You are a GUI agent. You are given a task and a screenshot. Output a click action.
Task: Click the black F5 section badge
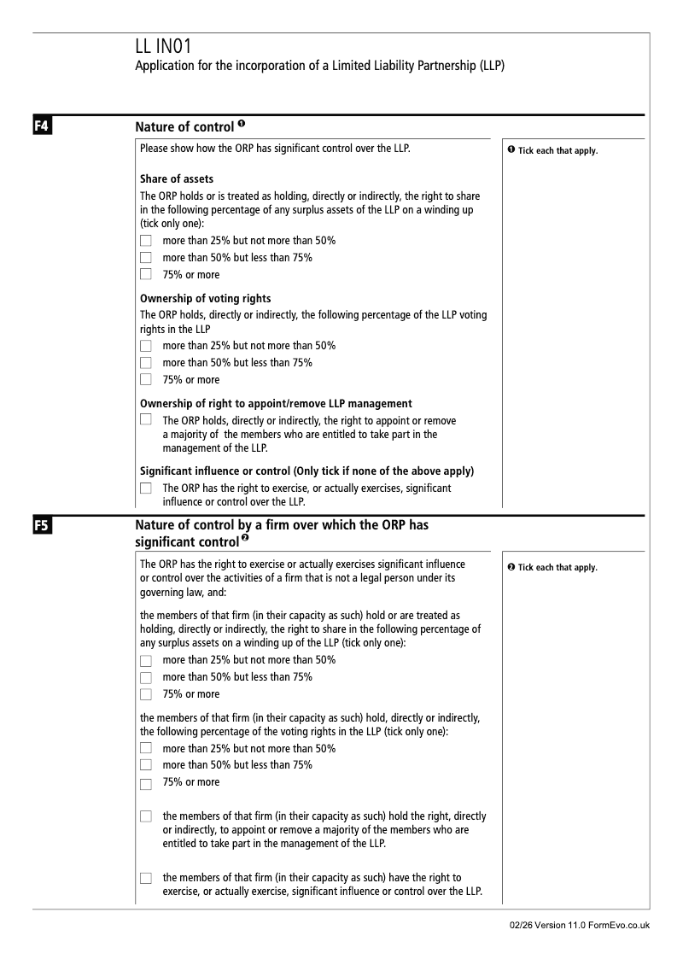point(41,527)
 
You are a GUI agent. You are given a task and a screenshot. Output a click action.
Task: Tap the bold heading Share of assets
point(177,179)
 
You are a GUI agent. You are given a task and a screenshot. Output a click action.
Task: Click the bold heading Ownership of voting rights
point(205,298)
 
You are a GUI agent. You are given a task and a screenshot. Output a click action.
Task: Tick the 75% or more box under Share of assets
point(145,275)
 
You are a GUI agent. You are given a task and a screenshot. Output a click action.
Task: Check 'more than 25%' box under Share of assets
point(145,241)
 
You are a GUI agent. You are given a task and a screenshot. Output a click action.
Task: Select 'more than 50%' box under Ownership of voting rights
point(145,363)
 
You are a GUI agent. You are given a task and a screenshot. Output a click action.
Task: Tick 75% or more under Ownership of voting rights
point(145,380)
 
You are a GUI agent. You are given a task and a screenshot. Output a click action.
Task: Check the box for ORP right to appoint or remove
point(145,420)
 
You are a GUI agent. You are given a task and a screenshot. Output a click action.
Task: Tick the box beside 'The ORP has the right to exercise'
point(145,488)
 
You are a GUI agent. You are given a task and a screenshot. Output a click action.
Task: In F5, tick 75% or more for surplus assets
point(145,694)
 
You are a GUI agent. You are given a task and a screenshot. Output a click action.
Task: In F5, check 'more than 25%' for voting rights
point(145,749)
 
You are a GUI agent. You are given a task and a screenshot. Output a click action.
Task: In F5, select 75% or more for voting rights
point(145,783)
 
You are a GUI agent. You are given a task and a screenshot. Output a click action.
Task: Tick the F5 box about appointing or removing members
point(145,817)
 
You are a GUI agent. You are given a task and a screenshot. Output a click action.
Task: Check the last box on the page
point(145,878)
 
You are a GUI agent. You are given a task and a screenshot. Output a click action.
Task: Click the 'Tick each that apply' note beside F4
point(552,151)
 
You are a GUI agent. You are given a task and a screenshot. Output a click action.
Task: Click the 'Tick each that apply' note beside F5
point(552,568)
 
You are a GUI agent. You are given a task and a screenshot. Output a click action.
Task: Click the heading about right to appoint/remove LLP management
point(276,403)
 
